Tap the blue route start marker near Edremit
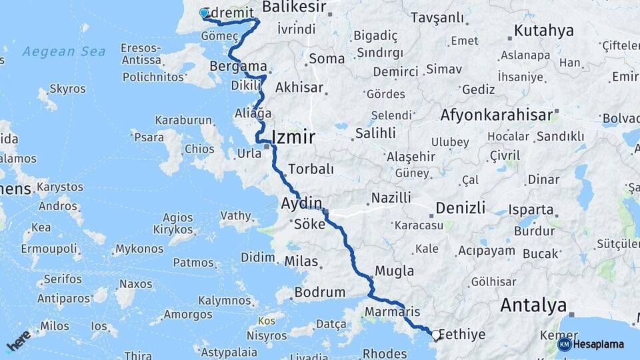[x=204, y=13]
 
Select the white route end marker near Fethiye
[x=435, y=335]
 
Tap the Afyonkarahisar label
[x=497, y=115]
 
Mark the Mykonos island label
[x=139, y=249]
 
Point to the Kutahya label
[x=543, y=31]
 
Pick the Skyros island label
[x=67, y=89]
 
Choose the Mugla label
[x=394, y=271]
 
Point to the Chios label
[x=199, y=149]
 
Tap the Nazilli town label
[x=391, y=197]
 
